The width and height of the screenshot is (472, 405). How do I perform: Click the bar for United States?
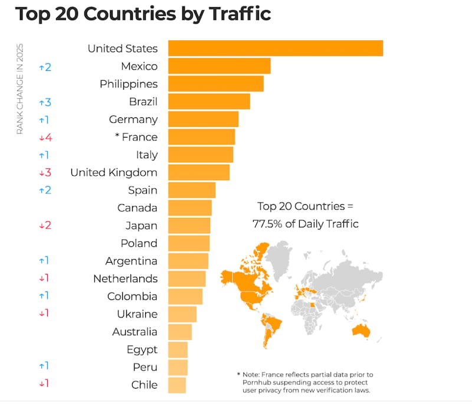[276, 48]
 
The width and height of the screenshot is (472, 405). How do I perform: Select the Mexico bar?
[219, 66]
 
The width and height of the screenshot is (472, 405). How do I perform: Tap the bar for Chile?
[177, 385]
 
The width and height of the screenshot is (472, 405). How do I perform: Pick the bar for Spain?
[192, 190]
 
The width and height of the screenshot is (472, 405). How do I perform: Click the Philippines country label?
[129, 84]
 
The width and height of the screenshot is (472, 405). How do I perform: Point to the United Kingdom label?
[114, 172]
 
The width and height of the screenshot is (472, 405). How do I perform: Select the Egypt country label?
[142, 350]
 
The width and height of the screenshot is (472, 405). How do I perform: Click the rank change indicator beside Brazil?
[45, 102]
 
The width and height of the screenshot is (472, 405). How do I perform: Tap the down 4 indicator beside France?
[45, 138]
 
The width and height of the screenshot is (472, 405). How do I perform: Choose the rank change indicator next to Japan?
[45, 226]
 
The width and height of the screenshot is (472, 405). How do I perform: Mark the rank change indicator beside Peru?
[44, 367]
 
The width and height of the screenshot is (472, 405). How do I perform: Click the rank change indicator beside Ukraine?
[44, 314]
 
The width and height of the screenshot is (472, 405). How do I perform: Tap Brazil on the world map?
[272, 324]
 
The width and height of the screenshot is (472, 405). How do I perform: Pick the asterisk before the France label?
[117, 138]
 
